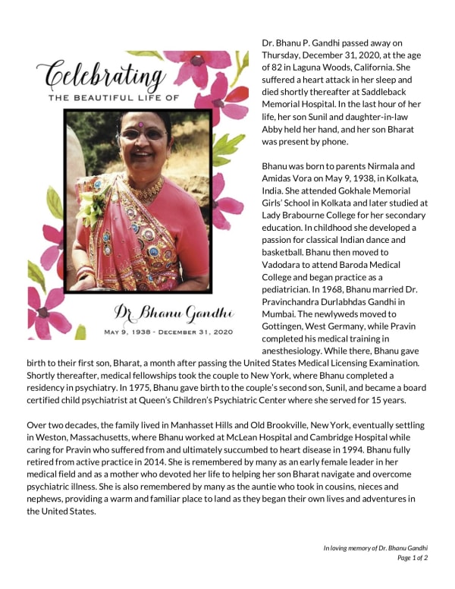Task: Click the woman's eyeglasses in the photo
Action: click(x=143, y=134)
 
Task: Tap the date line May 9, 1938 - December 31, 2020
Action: click(x=168, y=332)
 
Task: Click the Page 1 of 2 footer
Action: click(x=413, y=558)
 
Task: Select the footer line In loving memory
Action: click(x=375, y=547)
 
